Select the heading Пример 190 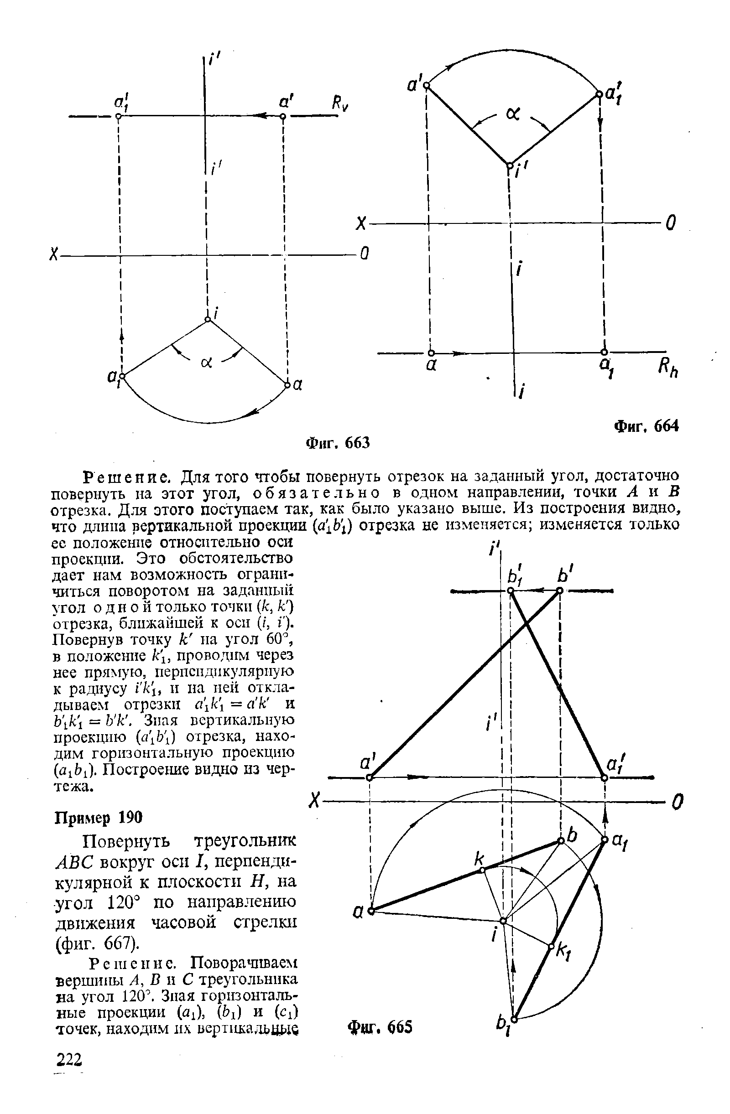pos(99,817)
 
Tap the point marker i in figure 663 pos(208,320)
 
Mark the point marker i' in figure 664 pos(509,164)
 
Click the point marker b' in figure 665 pos(559,591)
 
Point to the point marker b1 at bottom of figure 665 pos(514,1019)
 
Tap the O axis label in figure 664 pos(671,224)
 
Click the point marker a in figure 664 pos(431,352)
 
